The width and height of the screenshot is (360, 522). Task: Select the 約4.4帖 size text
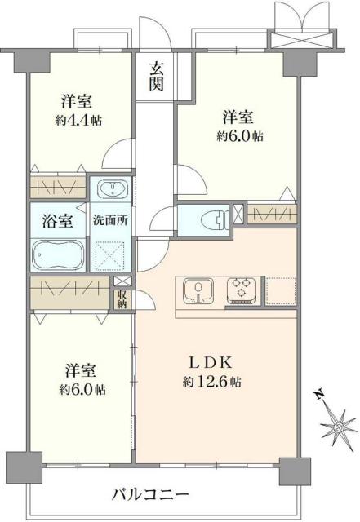[80, 121]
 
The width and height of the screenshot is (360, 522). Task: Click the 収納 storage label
[122, 299]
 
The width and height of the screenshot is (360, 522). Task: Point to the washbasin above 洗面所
[109, 191]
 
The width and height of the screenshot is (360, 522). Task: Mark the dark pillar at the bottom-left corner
[20, 466]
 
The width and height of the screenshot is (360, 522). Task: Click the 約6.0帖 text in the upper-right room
[240, 136]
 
